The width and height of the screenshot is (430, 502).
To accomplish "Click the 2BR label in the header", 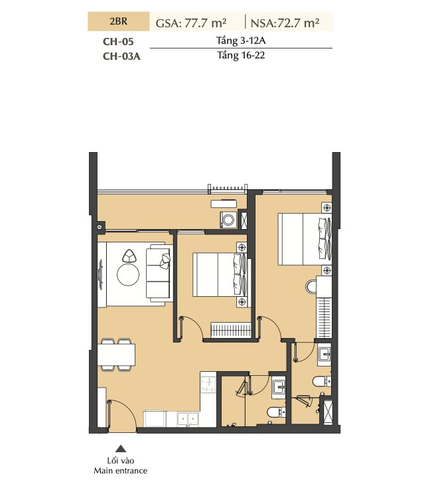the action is [118, 21].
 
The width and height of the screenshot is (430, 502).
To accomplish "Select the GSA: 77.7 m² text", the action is [191, 23].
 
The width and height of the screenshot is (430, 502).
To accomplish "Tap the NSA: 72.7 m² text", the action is [285, 23].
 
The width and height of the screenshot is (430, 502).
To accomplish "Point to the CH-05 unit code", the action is [118, 42].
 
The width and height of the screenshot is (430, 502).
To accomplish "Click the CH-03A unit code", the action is [121, 56].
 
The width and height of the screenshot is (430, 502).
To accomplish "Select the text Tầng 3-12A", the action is [241, 41].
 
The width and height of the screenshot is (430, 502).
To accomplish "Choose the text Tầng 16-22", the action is [241, 55].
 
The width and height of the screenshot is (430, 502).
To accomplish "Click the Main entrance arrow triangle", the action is [120, 448].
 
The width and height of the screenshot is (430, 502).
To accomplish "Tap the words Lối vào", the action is [120, 461].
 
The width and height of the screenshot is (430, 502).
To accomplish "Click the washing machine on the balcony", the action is [228, 220].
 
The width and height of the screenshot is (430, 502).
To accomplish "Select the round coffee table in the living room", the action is [128, 275].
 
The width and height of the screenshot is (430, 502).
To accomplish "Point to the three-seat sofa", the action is [158, 273].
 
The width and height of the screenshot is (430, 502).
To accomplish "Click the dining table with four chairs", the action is [116, 355].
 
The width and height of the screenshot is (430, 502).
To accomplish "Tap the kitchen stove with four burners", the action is [208, 385].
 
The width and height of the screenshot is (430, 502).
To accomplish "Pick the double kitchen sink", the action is [188, 419].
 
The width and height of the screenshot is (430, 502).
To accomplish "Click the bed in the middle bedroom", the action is [220, 275].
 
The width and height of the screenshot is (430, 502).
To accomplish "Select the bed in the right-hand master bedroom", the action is [305, 239].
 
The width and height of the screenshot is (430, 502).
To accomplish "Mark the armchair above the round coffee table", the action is [129, 256].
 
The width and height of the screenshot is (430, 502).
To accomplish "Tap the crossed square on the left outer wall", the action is [100, 226].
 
